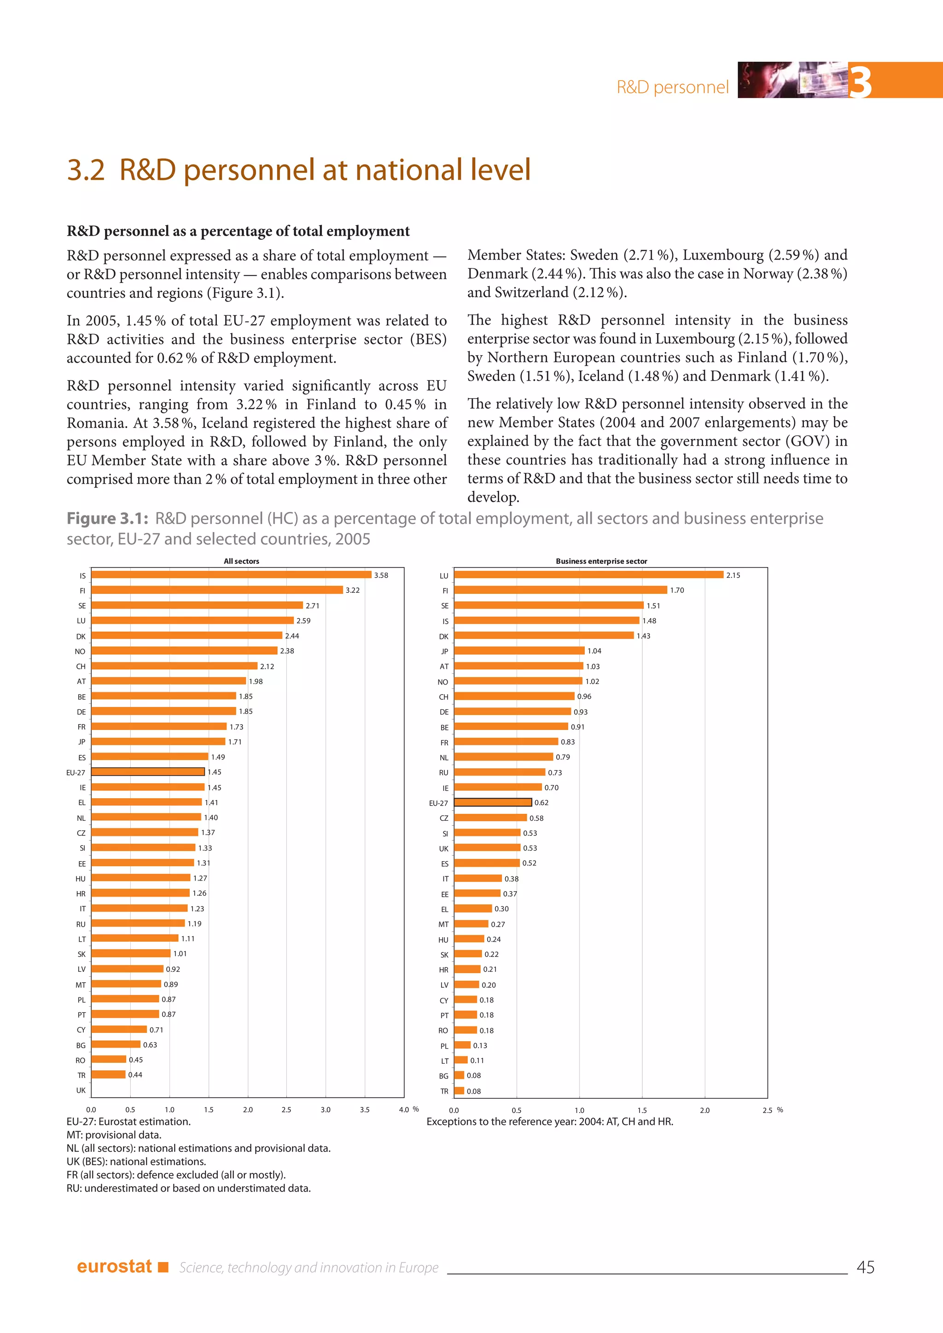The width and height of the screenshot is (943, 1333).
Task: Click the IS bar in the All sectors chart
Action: coord(231,575)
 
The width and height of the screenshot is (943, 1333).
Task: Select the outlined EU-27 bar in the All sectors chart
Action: coord(148,771)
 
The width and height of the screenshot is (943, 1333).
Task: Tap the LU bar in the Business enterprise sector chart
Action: coord(588,575)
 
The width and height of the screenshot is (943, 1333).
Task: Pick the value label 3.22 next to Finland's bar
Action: coord(352,590)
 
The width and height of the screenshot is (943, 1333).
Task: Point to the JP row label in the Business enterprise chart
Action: coord(444,651)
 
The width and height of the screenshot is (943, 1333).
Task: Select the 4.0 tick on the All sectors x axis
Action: coord(403,1109)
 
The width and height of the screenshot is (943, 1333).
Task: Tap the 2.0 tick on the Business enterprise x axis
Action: coord(704,1110)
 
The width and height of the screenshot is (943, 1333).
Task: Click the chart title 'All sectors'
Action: coord(242,561)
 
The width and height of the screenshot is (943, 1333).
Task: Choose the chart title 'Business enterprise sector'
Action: coord(601,561)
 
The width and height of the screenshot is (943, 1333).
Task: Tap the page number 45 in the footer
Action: coord(865,1267)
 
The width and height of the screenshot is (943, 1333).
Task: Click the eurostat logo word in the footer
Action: coord(114,1266)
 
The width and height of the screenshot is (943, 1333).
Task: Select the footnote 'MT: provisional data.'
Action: coord(114,1135)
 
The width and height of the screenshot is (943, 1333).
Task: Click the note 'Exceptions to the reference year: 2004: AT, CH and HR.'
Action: coord(549,1122)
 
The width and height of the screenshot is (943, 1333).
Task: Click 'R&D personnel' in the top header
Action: coord(672,87)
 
